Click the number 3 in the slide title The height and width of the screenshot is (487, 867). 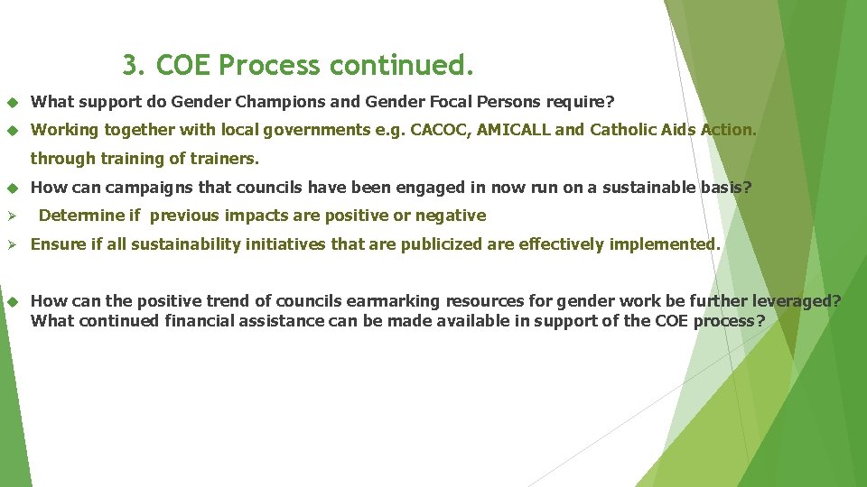point(132,66)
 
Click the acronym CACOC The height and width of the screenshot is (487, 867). point(438,130)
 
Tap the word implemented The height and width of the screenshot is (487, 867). point(667,244)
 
